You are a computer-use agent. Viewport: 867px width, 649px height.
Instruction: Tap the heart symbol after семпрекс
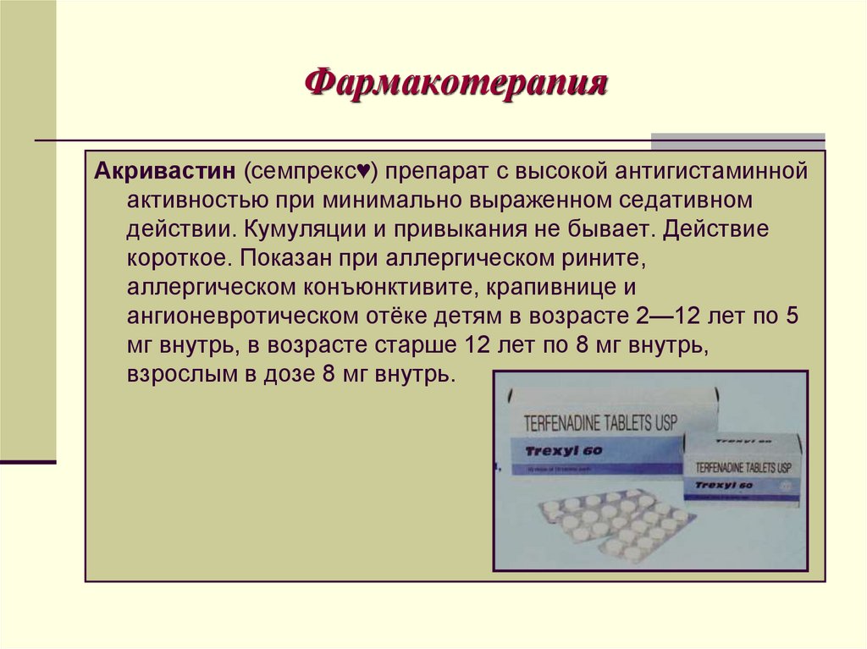pos(360,173)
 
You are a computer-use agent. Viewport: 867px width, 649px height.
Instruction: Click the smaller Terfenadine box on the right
pos(743,470)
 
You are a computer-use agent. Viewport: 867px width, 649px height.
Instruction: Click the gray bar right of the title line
pos(737,141)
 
